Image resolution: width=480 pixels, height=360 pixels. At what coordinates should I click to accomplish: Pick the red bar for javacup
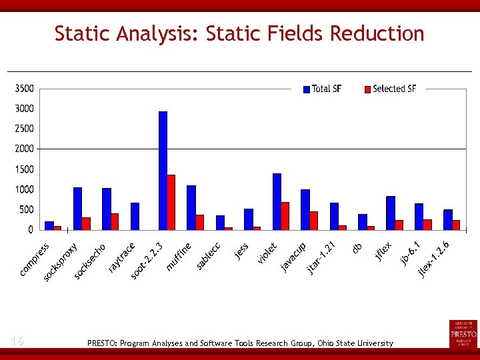point(314,221)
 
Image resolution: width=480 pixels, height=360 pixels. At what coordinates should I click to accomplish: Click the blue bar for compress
point(49,225)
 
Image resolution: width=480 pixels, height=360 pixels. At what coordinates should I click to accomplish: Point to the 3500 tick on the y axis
point(24,89)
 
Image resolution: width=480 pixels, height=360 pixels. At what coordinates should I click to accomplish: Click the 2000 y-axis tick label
point(24,149)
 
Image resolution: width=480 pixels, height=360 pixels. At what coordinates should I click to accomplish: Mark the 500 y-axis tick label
point(26,209)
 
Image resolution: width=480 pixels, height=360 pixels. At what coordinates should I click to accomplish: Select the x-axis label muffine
point(179,257)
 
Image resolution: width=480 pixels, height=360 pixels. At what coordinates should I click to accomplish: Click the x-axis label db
point(357,248)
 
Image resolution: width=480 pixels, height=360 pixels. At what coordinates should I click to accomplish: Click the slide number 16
point(17,341)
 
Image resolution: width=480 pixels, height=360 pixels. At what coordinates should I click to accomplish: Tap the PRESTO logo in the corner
point(463,333)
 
